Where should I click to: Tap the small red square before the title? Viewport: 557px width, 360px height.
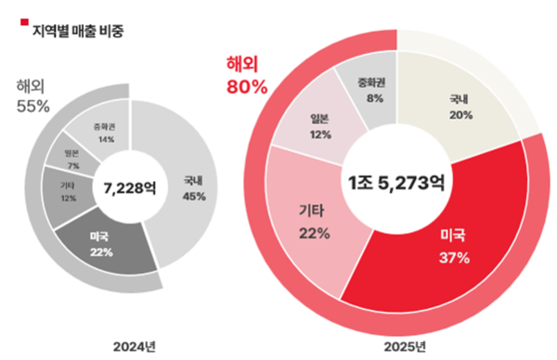point(25,20)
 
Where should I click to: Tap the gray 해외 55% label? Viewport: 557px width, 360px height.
point(31,96)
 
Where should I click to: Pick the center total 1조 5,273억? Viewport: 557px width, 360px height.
point(396,183)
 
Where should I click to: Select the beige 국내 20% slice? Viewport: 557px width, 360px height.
point(460,110)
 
